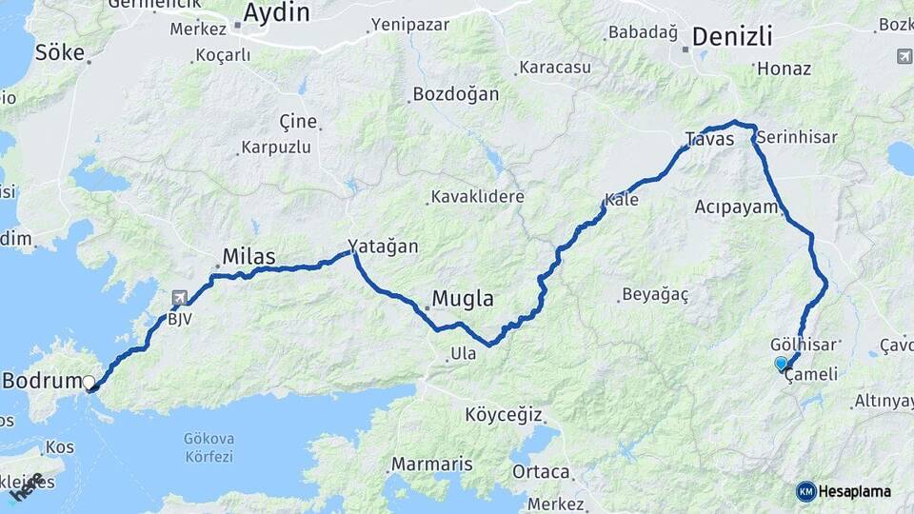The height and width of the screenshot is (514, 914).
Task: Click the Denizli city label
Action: click(731, 37)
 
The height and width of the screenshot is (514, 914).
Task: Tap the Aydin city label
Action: click(276, 12)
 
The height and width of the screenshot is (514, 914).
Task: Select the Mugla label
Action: click(463, 299)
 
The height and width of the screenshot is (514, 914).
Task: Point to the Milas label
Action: click(248, 256)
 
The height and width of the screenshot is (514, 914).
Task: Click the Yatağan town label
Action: click(383, 246)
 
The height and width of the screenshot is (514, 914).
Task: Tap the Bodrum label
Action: click(42, 382)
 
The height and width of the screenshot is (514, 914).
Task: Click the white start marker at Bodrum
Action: click(89, 383)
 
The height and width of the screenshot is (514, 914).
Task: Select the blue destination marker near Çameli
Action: click(782, 363)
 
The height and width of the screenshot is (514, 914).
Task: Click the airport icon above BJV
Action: click(179, 299)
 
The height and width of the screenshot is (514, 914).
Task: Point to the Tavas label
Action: click(710, 140)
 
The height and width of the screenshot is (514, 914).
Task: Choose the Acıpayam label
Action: click(737, 207)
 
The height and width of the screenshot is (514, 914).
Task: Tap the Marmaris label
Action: click(431, 465)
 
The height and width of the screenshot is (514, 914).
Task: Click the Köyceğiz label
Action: click(504, 415)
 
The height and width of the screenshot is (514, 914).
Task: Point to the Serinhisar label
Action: click(798, 137)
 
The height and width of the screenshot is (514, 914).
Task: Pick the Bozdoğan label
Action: click(455, 95)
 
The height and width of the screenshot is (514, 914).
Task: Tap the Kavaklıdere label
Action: click(478, 197)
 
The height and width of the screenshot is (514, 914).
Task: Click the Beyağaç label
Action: click(654, 294)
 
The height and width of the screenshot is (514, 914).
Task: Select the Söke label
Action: click(60, 52)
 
